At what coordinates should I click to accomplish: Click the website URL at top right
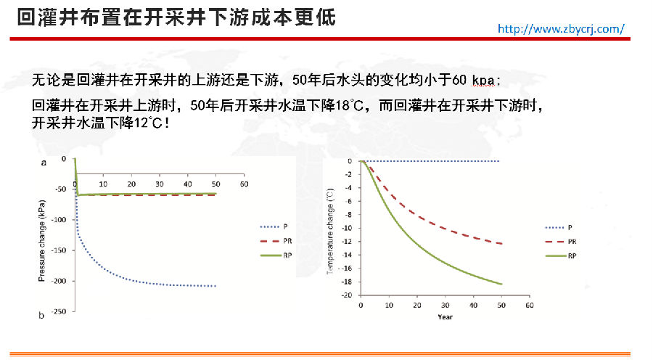click(x=560, y=28)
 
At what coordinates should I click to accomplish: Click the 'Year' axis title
click(x=444, y=316)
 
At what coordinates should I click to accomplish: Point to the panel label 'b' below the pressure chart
click(x=41, y=315)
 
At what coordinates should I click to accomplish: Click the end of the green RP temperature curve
click(x=501, y=284)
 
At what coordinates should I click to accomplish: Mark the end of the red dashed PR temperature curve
click(x=501, y=244)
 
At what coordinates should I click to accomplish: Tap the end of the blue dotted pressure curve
click(x=215, y=286)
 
